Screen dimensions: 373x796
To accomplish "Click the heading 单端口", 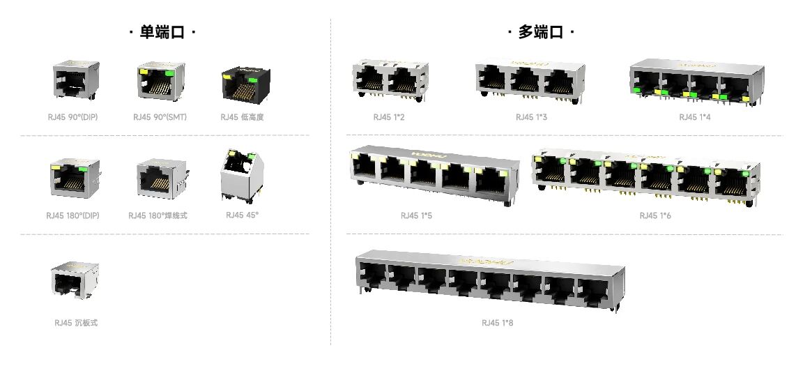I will (163, 33).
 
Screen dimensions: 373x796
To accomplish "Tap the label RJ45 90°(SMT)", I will (160, 117).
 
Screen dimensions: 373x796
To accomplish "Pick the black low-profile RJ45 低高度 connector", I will (242, 85).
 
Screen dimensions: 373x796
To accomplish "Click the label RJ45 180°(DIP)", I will (72, 215).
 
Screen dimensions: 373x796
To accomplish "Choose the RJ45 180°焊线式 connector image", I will (158, 177).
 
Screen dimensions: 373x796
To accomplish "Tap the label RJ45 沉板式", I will (76, 323).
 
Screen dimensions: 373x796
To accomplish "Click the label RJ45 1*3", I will (531, 117).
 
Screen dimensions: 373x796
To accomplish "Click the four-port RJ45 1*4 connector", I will (696, 82).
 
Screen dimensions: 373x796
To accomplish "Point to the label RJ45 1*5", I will (416, 215).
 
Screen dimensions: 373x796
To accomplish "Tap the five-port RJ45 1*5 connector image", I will (434, 174).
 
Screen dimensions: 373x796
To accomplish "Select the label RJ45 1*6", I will (655, 215).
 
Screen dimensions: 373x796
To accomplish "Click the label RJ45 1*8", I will (497, 323).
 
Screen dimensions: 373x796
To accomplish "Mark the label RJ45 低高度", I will (242, 117).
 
